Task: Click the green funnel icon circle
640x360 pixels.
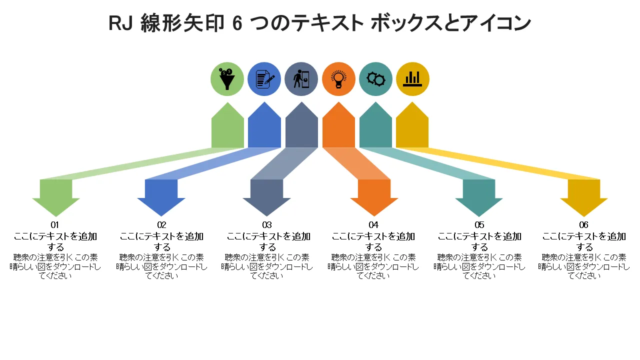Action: pyautogui.click(x=227, y=79)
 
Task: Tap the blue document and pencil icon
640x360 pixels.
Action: pyautogui.click(x=264, y=79)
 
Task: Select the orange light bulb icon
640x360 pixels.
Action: pyautogui.click(x=338, y=79)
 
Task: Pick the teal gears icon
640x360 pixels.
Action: pyautogui.click(x=375, y=79)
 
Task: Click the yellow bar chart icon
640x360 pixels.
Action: pyautogui.click(x=412, y=79)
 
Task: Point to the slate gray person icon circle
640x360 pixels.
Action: pyautogui.click(x=301, y=79)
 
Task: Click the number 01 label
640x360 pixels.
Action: pyautogui.click(x=55, y=225)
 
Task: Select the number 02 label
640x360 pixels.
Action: pyautogui.click(x=161, y=225)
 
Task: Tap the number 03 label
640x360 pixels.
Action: pyautogui.click(x=267, y=225)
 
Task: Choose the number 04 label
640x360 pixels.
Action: pyautogui.click(x=373, y=225)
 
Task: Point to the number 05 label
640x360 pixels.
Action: pyautogui.click(x=479, y=225)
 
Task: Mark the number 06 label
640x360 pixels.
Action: pyautogui.click(x=584, y=225)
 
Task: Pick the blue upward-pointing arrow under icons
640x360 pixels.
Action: pyautogui.click(x=264, y=127)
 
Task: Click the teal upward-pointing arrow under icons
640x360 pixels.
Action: pyautogui.click(x=375, y=127)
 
